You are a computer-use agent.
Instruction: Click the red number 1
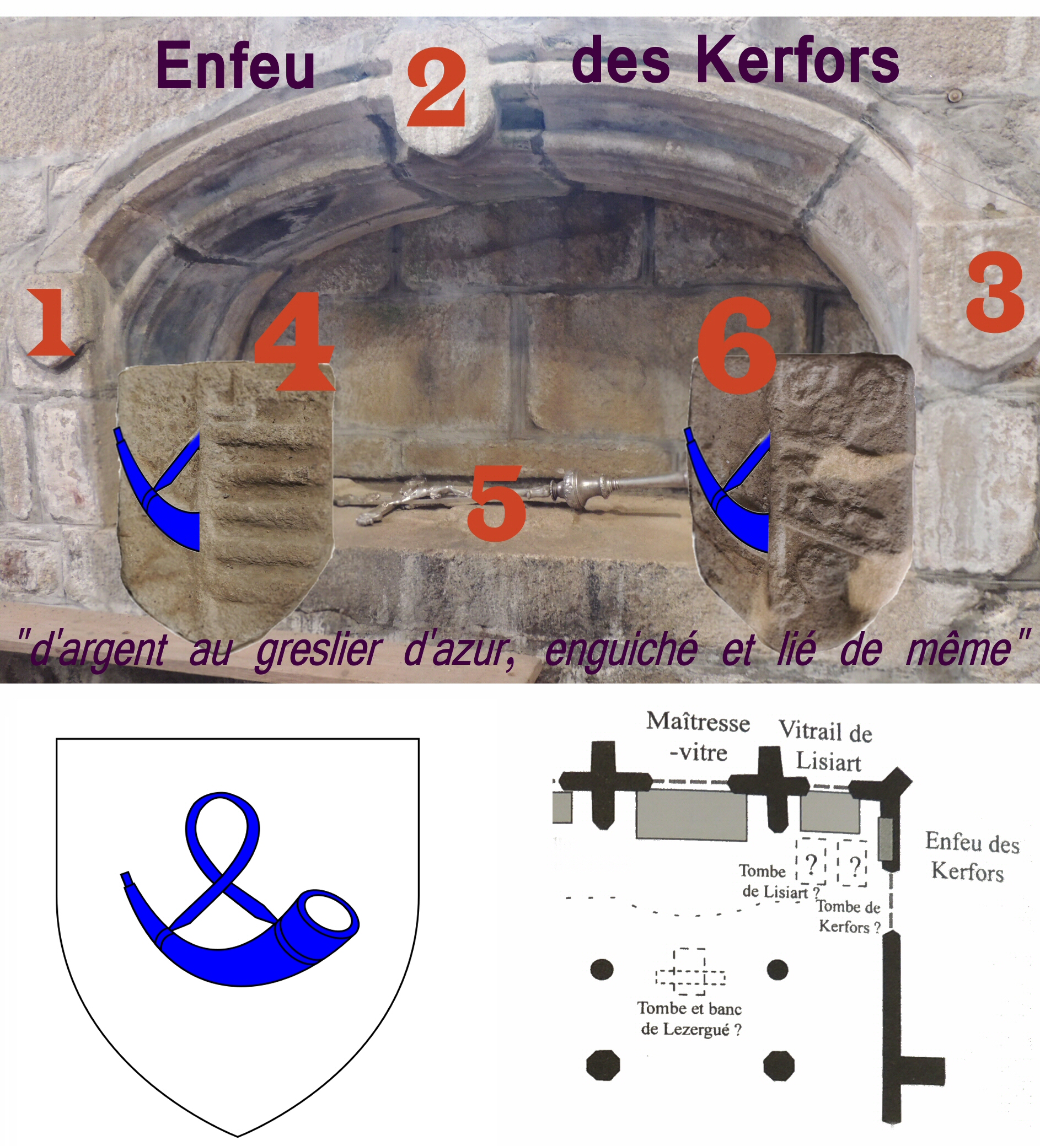coord(51,322)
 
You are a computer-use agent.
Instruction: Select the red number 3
coord(995,292)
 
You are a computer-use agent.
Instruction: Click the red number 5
coord(496,502)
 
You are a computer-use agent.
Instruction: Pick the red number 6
coord(736,345)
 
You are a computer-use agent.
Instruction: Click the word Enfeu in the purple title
coord(235,66)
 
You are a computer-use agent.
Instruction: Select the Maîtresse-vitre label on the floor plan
coord(698,738)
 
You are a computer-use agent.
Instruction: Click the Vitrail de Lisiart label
coord(825,746)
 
